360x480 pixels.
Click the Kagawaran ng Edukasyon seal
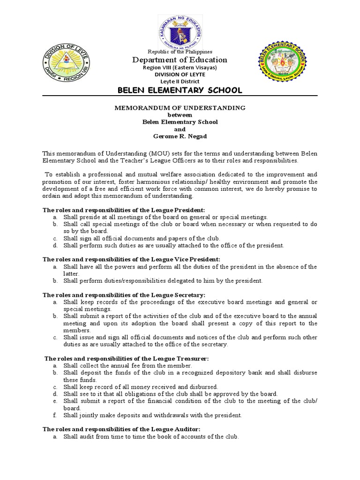point(180,29)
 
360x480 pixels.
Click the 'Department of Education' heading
point(180,60)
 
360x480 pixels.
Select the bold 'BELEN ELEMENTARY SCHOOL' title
point(180,90)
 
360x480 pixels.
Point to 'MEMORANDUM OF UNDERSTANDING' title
point(180,108)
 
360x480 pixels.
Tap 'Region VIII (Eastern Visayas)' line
point(180,67)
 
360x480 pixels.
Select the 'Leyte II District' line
point(180,81)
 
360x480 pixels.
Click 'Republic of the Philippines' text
point(180,52)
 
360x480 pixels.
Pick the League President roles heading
point(124,210)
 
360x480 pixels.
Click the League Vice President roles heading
point(131,259)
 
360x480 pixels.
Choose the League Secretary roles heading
point(124,295)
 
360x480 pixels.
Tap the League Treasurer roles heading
point(127,358)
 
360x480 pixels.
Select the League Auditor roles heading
point(121,429)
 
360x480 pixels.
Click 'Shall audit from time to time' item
point(151,436)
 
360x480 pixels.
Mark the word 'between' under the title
point(180,115)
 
